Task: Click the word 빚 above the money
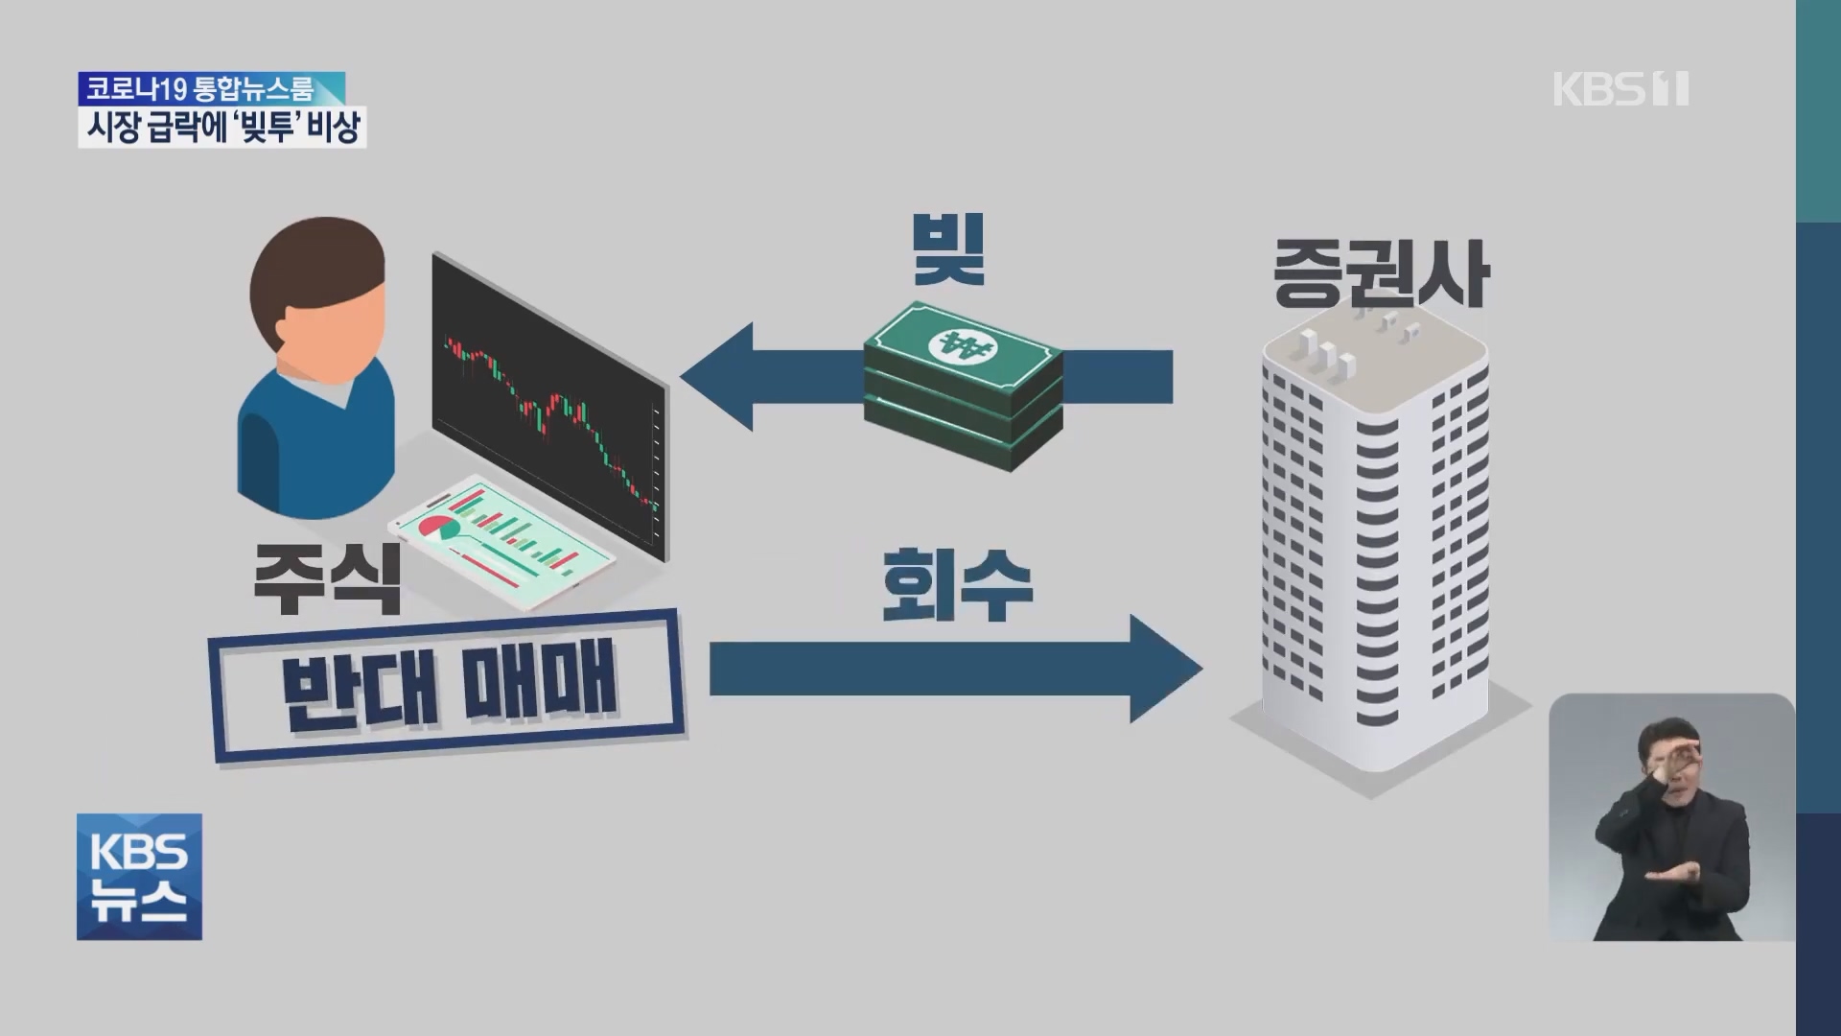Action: point(948,248)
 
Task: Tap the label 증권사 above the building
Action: point(1380,272)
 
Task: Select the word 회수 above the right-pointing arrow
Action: point(956,584)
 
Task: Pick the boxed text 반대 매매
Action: point(449,685)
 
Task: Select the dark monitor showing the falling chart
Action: point(548,403)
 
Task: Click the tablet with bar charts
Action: point(501,542)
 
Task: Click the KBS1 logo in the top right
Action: point(1620,89)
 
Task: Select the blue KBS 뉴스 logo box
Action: point(139,877)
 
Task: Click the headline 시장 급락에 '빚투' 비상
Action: point(222,128)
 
